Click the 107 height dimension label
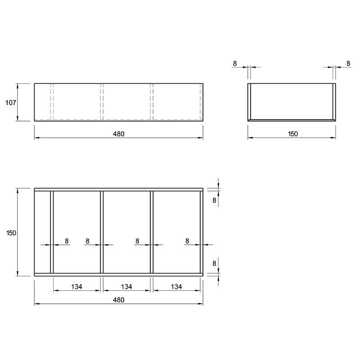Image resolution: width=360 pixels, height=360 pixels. (11, 103)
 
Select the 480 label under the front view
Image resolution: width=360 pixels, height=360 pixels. (119, 134)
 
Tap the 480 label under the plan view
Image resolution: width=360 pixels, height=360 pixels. (119, 300)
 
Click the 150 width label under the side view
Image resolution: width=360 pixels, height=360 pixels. (293, 134)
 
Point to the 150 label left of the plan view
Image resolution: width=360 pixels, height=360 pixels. (11, 233)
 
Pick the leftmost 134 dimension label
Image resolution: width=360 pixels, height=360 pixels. (76, 287)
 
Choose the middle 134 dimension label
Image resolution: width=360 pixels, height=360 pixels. (126, 287)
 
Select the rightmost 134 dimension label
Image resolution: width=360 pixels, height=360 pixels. (176, 287)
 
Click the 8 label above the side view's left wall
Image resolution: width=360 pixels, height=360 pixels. (234, 63)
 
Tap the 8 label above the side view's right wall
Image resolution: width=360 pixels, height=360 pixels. (348, 63)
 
